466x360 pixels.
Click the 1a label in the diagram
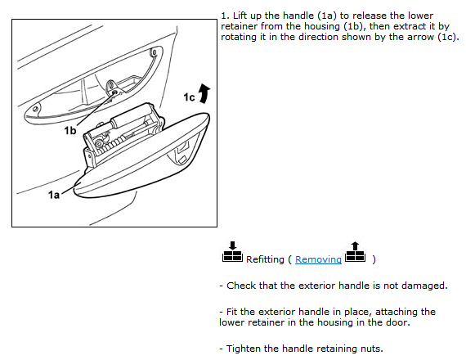tap(54, 195)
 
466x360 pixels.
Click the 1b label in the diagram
tap(70, 130)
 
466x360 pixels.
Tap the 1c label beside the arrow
tap(189, 97)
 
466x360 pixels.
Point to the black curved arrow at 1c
tap(204, 93)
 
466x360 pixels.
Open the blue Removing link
tap(318, 259)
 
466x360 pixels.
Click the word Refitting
tap(265, 259)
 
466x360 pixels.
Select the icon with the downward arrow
tap(232, 252)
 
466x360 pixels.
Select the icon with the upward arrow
tap(355, 252)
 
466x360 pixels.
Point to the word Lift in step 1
tap(240, 16)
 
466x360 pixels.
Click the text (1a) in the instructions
tap(327, 16)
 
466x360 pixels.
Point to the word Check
tap(241, 286)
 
